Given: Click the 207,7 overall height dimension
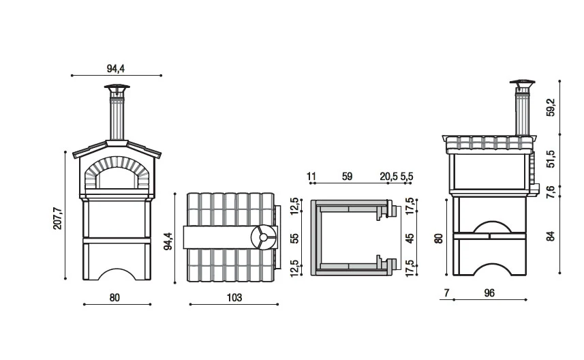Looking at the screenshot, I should (x=58, y=215).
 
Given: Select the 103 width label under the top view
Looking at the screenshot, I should (x=233, y=298).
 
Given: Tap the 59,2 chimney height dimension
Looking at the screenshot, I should (x=551, y=108).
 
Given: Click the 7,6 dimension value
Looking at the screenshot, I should (x=551, y=192).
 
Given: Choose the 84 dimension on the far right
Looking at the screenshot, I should (x=551, y=237).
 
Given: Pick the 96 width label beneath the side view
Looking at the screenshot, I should (x=489, y=293).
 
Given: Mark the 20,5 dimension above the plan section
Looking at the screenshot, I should (x=388, y=176).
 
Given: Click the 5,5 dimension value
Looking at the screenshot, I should (x=408, y=176).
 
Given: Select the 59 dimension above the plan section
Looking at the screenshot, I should (x=347, y=176).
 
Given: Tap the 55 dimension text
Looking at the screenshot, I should (x=294, y=239).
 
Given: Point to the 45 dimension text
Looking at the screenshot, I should (x=409, y=239).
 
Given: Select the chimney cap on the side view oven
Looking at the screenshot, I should (x=523, y=86).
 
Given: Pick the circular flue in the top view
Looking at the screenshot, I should (x=261, y=239).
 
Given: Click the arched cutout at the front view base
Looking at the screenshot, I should (x=117, y=274).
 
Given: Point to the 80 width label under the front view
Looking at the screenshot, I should (x=114, y=297).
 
